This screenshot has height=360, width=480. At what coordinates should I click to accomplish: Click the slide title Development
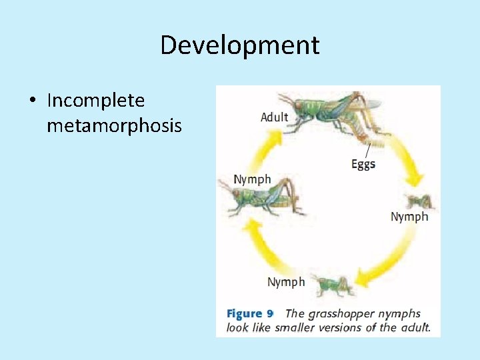tap(240, 45)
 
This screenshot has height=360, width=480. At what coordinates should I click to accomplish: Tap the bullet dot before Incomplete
tap(32, 101)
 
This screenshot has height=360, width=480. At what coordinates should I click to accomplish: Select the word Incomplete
tap(95, 101)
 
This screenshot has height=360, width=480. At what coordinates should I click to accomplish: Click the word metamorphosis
tap(114, 125)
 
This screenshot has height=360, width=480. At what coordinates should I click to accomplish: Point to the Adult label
tap(274, 117)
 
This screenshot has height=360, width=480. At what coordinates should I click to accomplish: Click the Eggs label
tap(363, 164)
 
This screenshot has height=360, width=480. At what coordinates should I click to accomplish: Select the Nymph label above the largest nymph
tap(252, 179)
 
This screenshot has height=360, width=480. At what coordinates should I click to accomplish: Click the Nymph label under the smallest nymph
tap(409, 217)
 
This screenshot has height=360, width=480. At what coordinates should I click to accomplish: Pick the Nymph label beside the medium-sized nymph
tap(286, 282)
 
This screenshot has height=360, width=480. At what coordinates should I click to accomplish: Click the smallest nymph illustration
tap(419, 201)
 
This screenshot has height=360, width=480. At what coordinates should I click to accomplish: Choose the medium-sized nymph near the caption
tap(333, 285)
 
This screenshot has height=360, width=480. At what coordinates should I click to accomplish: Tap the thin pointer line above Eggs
tap(367, 150)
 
